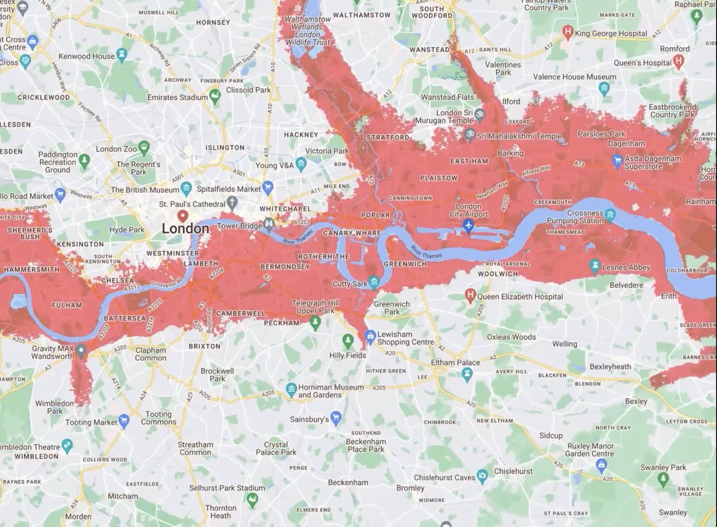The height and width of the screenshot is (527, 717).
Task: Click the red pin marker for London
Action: click(x=183, y=216)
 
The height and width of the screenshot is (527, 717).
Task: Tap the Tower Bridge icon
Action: click(x=269, y=225)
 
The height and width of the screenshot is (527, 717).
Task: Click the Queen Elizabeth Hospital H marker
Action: click(x=470, y=295)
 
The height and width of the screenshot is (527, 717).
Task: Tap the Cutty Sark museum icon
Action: click(x=374, y=281)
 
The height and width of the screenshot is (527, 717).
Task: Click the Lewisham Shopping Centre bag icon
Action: click(x=370, y=335)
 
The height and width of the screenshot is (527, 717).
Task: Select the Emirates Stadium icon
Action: click(x=215, y=96)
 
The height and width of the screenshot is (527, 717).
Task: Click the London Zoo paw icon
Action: click(x=144, y=145)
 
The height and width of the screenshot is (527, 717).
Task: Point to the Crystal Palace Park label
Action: click(x=276, y=449)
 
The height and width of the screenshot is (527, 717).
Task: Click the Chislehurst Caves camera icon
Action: click(x=482, y=476)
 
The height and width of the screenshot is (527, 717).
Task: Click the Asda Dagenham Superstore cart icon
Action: click(x=618, y=160)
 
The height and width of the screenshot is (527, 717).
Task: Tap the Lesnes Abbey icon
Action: click(x=595, y=265)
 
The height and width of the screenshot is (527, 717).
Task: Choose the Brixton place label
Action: click(x=206, y=346)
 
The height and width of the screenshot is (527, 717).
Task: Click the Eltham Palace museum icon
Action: click(x=467, y=373)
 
